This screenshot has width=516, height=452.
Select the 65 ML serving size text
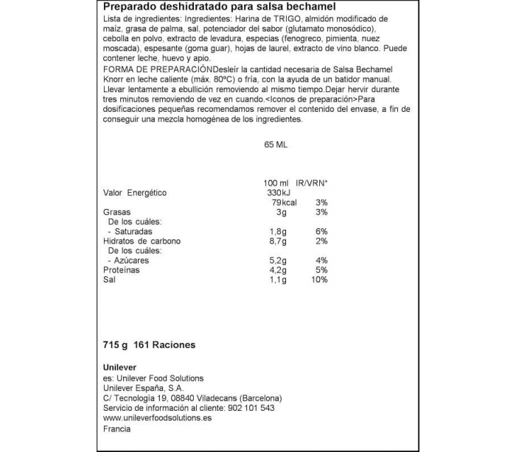(x=276, y=145)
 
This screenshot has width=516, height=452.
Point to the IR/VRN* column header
(x=312, y=182)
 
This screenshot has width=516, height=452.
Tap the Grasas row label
(x=117, y=212)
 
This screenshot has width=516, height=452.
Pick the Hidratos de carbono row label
(x=142, y=241)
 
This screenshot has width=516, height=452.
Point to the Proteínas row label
(x=122, y=270)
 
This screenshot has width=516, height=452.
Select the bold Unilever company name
(x=119, y=369)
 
